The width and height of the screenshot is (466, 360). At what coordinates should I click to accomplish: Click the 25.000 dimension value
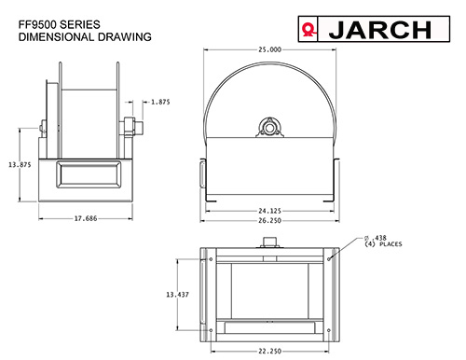(x=269, y=49)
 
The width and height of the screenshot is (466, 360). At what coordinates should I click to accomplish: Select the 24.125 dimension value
(x=269, y=211)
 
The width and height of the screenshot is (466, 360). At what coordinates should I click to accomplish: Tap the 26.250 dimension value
(x=269, y=221)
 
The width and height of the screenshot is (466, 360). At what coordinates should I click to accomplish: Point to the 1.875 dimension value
(x=160, y=102)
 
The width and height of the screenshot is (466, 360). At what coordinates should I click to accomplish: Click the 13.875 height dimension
(x=20, y=165)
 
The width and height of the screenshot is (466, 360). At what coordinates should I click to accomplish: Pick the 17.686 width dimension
(x=86, y=218)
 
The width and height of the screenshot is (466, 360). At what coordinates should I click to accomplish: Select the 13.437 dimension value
(x=177, y=295)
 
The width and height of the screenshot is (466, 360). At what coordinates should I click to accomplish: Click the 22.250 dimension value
(x=269, y=352)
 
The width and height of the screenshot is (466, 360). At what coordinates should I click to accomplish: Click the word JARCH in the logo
(x=380, y=30)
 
